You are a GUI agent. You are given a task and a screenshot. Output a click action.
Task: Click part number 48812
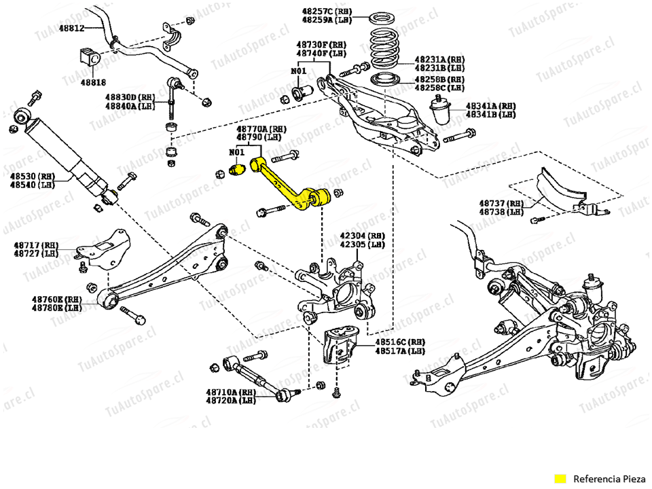(71, 29)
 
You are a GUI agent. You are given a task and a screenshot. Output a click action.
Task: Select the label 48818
(93, 82)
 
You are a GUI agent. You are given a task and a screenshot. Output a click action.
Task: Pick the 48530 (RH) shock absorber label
(31, 175)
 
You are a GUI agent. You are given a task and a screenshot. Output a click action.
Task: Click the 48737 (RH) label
(501, 203)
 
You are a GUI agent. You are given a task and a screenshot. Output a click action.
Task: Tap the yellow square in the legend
(560, 477)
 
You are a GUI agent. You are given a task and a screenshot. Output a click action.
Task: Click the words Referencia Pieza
(607, 477)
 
